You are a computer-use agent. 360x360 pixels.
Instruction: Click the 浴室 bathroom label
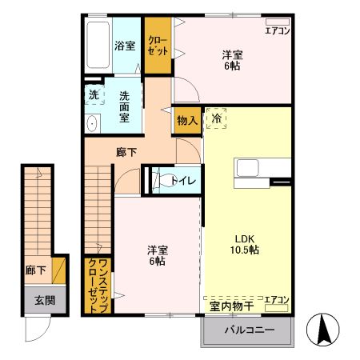(x=124, y=46)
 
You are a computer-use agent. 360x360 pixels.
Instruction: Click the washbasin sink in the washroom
(x=91, y=123)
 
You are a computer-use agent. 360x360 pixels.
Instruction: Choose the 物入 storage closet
(x=186, y=120)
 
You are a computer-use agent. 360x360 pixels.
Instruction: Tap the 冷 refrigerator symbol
(x=216, y=118)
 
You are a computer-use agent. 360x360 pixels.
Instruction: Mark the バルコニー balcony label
(x=249, y=330)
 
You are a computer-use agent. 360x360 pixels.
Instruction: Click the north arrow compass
(x=324, y=329)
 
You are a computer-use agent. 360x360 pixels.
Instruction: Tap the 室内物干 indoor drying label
(x=231, y=306)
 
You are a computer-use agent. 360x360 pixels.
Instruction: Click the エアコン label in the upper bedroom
(x=278, y=31)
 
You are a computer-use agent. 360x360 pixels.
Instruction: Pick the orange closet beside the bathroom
(x=157, y=46)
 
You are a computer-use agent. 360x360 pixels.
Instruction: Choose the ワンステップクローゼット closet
(x=98, y=285)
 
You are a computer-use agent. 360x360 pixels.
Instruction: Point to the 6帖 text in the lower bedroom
(x=157, y=262)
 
